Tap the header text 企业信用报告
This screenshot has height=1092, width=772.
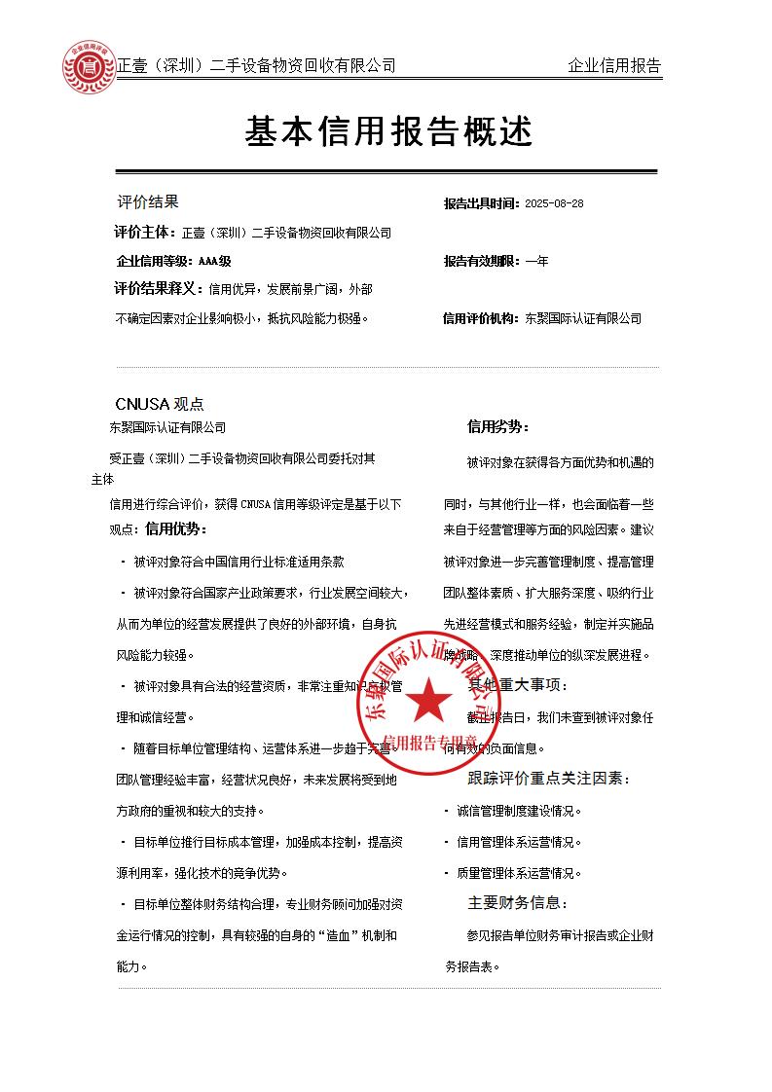coord(613,66)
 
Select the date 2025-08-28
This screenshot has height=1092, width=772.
coord(553,204)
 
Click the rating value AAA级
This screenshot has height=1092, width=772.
coord(214,261)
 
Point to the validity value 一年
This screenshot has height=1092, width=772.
coord(536,261)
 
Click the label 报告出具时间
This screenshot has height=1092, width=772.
coord(481,204)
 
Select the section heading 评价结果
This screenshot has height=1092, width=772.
coord(148,202)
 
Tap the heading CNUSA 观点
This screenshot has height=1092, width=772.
coord(160,404)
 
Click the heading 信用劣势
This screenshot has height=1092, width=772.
coord(497,426)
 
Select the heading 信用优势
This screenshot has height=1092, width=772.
coord(176,529)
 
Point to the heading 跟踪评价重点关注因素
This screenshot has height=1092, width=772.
coord(549,779)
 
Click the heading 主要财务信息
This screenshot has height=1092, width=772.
coord(518,903)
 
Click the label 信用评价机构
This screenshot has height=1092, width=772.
coord(481,318)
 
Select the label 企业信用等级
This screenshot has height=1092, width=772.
coord(155,261)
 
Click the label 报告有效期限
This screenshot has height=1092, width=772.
coord(481,261)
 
